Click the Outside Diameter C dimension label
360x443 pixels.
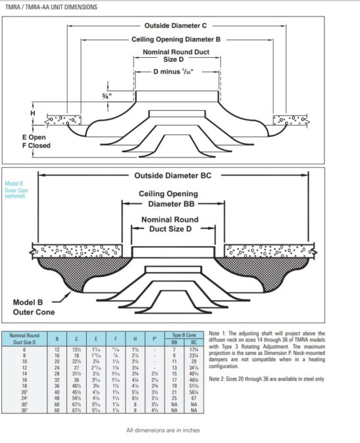click(x=175, y=26)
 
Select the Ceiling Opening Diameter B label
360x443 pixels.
click(x=175, y=39)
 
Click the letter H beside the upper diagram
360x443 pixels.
click(x=32, y=114)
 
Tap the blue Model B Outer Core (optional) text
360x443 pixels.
click(x=17, y=190)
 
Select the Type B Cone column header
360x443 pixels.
click(x=185, y=334)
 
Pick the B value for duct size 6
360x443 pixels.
click(x=57, y=349)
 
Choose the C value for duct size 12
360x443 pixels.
click(x=76, y=368)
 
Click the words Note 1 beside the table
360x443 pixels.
click(x=216, y=333)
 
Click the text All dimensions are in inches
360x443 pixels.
click(x=162, y=431)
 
